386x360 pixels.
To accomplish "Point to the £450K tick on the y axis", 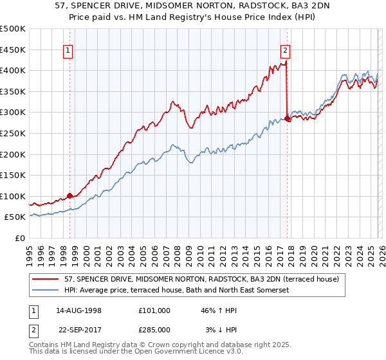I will (x=13, y=50).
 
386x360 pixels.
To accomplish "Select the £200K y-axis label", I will (x=13, y=154).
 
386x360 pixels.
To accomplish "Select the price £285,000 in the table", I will (x=154, y=330).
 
